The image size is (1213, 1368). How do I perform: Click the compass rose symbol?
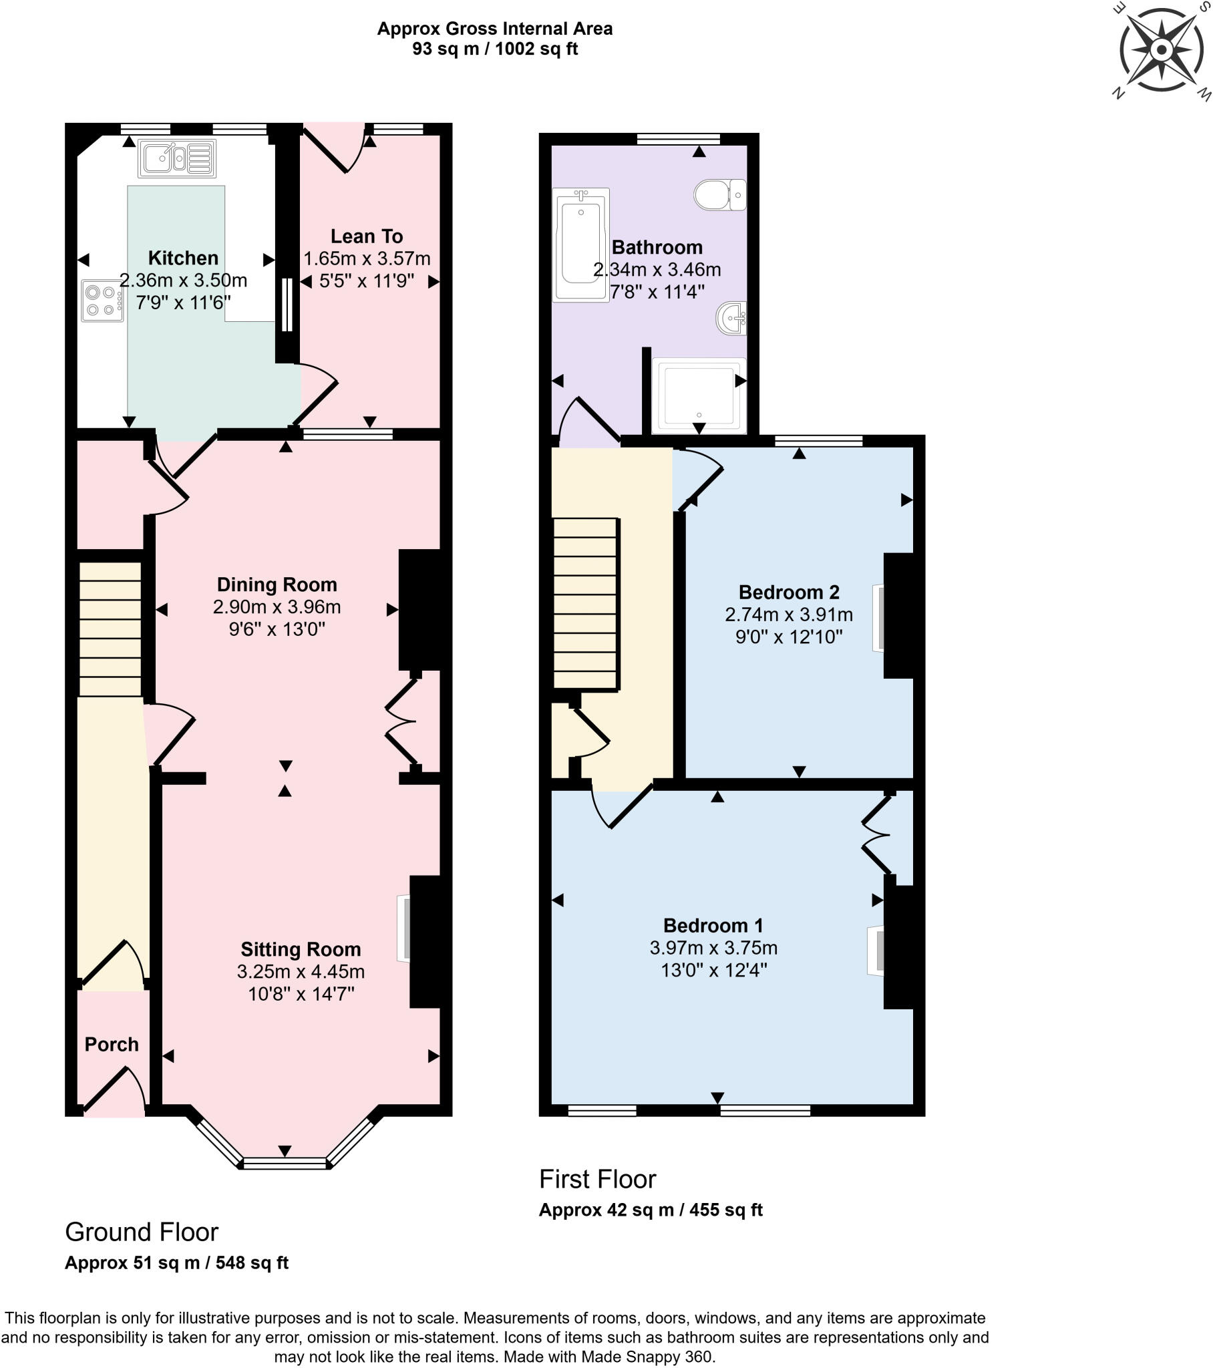tap(1162, 50)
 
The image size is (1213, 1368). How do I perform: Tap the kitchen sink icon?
tap(177, 158)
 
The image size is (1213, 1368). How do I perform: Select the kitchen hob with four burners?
tap(102, 301)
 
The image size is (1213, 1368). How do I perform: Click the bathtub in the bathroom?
tap(580, 244)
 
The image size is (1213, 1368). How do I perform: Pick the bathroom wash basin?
tap(732, 318)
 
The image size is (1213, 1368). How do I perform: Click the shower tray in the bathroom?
tap(699, 395)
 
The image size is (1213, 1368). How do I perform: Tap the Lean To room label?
tap(367, 236)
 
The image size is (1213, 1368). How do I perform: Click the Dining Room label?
tap(277, 584)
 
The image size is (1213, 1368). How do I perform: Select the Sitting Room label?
tap(301, 949)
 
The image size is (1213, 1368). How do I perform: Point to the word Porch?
tap(112, 1044)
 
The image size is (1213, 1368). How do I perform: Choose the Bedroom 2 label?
tap(789, 592)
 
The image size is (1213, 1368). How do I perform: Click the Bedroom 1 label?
tap(713, 925)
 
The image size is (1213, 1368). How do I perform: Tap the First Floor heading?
tap(597, 1178)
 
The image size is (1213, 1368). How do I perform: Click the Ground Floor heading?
tap(141, 1232)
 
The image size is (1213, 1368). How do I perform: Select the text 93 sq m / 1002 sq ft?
tap(495, 49)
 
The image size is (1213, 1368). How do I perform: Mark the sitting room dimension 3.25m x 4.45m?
tap(301, 971)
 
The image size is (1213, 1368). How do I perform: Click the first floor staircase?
tap(585, 603)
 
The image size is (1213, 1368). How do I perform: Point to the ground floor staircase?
tap(110, 629)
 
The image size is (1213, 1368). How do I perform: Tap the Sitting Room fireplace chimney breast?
tap(425, 941)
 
